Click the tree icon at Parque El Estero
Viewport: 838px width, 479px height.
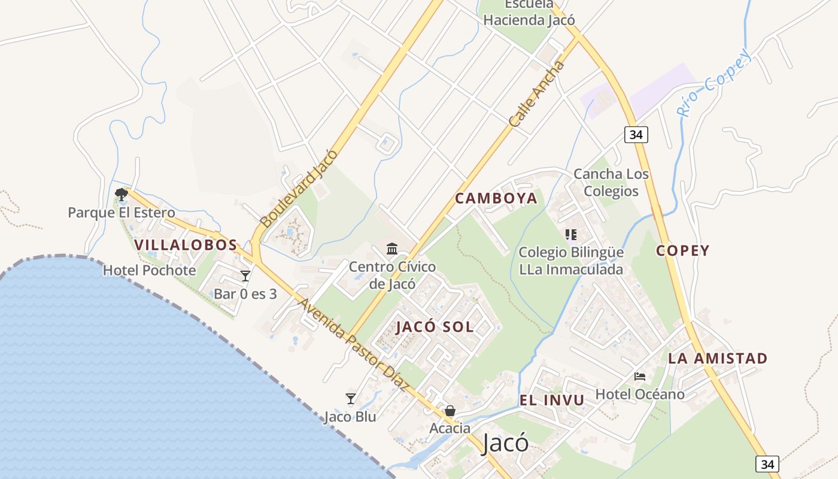(122, 194)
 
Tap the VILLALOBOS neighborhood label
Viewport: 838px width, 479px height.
(186, 245)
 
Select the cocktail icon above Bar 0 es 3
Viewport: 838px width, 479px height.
(245, 276)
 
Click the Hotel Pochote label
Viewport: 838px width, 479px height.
(149, 270)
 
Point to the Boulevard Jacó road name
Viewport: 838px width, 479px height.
(299, 188)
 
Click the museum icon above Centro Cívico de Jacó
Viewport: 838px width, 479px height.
(392, 248)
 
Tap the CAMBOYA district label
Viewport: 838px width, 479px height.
(496, 198)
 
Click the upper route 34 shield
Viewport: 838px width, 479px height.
(636, 135)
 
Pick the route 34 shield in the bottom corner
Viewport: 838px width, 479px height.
(767, 463)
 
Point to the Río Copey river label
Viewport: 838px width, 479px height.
(713, 84)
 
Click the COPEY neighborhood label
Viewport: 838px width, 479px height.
(682, 250)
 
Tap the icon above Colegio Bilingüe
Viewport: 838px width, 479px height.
(570, 235)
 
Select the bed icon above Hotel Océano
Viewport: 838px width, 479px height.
(640, 377)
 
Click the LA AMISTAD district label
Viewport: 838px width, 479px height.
(717, 359)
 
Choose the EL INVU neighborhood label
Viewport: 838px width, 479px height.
(551, 401)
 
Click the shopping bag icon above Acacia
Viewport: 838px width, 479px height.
(450, 411)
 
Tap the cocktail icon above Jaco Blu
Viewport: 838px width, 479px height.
(351, 399)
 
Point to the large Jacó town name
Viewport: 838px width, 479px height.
(505, 444)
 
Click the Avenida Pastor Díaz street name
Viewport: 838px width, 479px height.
(353, 345)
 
